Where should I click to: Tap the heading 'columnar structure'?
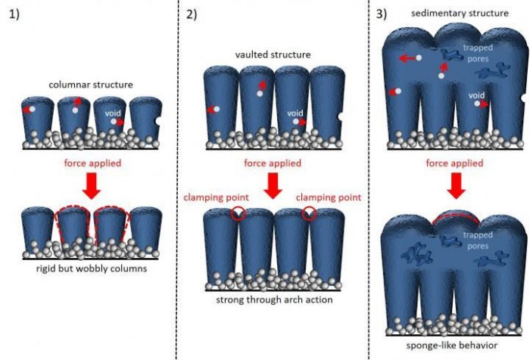pos(90,84)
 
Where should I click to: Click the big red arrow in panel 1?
pos(91,185)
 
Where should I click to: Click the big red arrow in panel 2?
pos(272,185)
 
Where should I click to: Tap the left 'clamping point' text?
pos(210,197)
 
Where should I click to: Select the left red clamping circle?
pos(239,215)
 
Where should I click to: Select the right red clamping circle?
pos(308,215)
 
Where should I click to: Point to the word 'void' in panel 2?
pos(295,113)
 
